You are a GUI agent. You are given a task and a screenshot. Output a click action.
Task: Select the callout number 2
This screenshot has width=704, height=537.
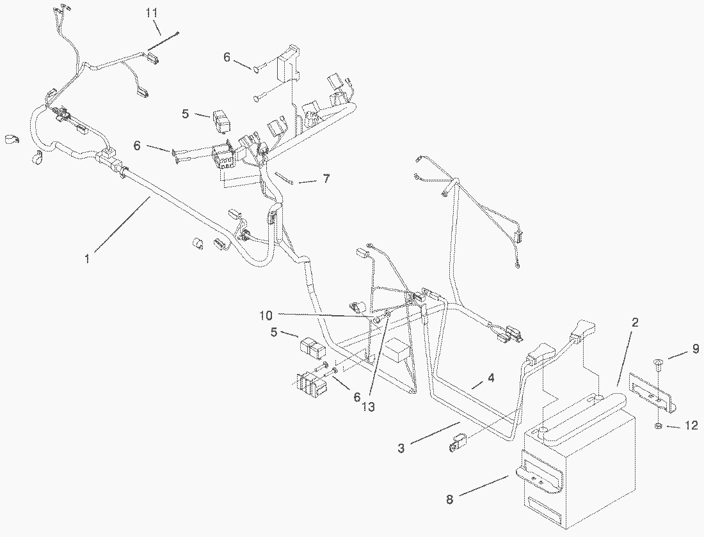tap(634, 323)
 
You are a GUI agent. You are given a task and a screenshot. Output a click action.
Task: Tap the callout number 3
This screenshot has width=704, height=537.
tap(401, 448)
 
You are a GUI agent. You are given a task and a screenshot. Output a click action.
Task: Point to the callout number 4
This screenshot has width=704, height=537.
tap(491, 378)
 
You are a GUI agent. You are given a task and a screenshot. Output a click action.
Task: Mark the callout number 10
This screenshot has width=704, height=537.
tap(266, 315)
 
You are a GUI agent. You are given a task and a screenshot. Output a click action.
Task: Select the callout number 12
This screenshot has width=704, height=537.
tap(691, 425)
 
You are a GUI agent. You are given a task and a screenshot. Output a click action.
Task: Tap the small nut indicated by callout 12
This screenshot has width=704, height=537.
tap(659, 425)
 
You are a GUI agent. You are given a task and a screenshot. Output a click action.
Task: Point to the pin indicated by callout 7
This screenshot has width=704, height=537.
tap(285, 178)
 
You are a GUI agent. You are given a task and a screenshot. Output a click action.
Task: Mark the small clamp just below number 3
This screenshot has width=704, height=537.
tap(458, 443)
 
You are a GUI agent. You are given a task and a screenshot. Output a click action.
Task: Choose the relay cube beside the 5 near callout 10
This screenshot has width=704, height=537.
tap(312, 348)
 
